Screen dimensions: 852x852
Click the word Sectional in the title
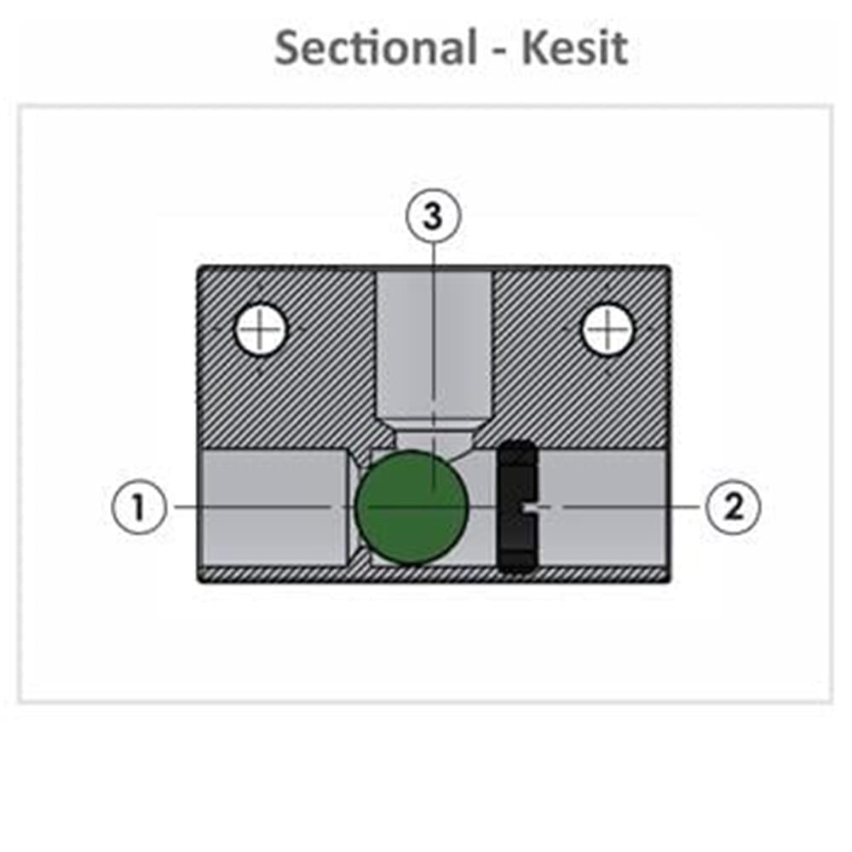tap(376, 47)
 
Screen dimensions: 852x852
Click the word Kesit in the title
tap(575, 47)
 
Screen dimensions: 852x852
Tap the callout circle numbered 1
tap(139, 507)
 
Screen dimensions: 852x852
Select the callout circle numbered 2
tap(733, 507)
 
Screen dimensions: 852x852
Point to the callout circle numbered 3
tap(433, 216)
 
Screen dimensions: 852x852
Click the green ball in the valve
tap(412, 507)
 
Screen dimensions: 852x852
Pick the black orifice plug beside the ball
tap(517, 506)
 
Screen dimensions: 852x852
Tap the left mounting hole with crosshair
tap(260, 329)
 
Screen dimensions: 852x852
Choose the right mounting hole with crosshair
tap(607, 329)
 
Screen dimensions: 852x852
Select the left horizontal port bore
tap(274, 507)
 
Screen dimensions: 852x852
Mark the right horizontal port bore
tap(603, 507)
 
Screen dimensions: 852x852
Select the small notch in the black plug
tap(528, 507)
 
